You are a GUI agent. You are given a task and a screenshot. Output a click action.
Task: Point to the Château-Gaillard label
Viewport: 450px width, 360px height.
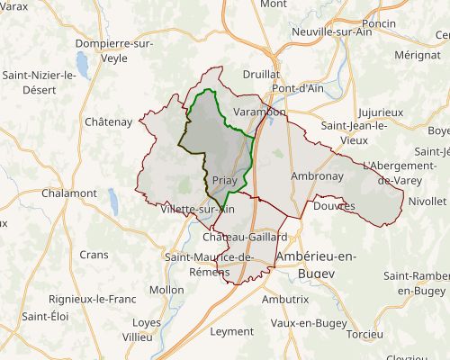point(246,236)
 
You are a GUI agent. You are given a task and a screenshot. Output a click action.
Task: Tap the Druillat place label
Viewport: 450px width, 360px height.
point(261,74)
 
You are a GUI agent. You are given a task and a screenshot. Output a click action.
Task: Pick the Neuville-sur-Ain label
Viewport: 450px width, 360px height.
point(333,31)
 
